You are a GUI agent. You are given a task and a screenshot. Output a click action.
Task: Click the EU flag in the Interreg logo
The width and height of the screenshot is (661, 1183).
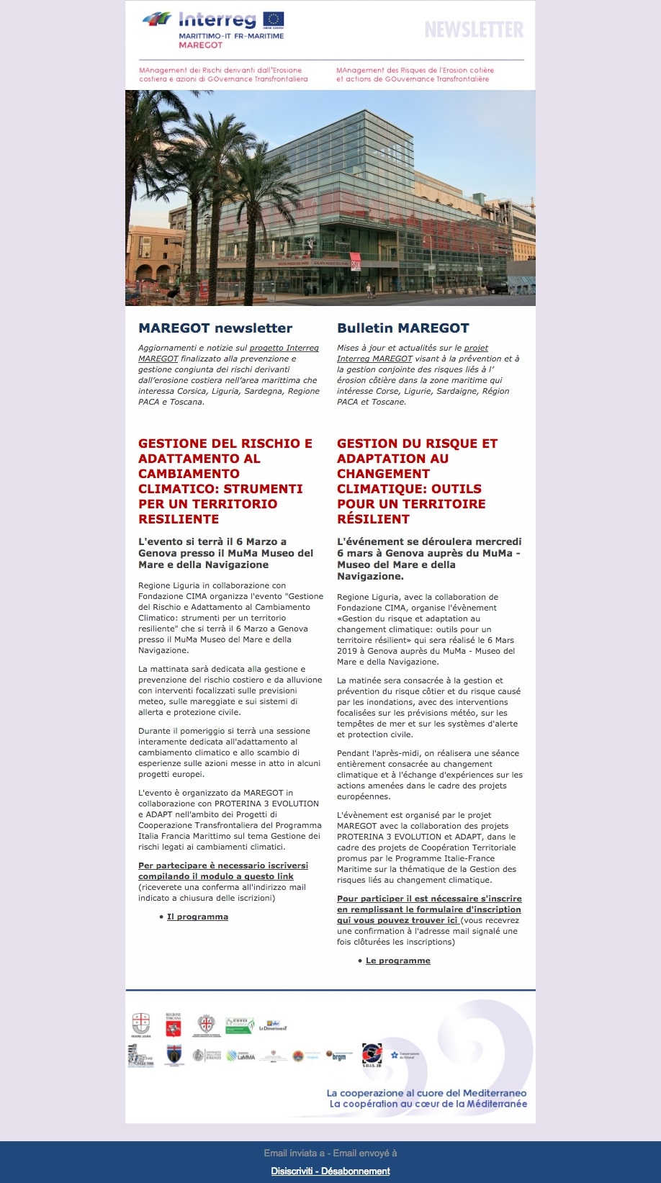tap(273, 19)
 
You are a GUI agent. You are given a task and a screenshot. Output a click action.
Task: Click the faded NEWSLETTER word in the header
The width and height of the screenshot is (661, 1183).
tap(474, 30)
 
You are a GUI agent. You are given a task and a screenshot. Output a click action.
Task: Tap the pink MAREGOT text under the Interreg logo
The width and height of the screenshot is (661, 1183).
tap(200, 45)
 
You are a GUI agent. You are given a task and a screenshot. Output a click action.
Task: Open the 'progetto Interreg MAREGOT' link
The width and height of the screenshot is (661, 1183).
tap(284, 348)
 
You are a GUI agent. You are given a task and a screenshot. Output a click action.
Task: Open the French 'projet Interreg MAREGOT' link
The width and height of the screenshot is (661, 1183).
tap(476, 348)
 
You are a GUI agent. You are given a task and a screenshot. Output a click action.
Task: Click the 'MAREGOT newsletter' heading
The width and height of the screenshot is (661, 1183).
tap(215, 328)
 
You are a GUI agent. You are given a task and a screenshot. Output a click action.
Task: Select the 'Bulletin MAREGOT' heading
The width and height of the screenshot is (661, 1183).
tap(403, 328)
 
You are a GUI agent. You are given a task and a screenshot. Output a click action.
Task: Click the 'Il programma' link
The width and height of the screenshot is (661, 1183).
tap(197, 917)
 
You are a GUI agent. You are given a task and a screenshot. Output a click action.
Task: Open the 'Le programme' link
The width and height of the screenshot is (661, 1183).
tap(397, 961)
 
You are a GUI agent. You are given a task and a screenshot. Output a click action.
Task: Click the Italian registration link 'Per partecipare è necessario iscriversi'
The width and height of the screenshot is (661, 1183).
tap(223, 865)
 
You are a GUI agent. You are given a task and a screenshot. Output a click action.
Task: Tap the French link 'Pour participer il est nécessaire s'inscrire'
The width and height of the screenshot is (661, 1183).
tap(429, 899)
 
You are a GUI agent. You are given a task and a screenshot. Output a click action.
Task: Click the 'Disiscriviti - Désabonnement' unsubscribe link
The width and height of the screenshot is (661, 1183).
tap(330, 1171)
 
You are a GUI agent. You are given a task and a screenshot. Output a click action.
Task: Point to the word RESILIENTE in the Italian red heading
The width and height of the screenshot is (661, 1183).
tap(179, 519)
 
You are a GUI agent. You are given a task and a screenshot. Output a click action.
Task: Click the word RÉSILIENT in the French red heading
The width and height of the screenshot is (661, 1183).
tap(373, 519)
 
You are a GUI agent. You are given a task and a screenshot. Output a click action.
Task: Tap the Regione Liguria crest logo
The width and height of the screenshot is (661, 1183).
tap(140, 1025)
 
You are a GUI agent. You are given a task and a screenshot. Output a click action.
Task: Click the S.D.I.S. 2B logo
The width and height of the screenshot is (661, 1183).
tap(372, 1056)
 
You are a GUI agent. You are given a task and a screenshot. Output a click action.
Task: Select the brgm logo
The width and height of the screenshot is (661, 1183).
tap(338, 1056)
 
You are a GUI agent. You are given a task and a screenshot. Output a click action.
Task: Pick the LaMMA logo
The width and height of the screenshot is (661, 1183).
tap(241, 1056)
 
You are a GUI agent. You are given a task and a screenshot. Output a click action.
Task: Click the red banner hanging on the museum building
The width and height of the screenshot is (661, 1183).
tap(355, 262)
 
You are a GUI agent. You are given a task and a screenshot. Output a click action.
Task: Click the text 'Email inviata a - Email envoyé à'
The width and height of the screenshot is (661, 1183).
tap(330, 1153)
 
